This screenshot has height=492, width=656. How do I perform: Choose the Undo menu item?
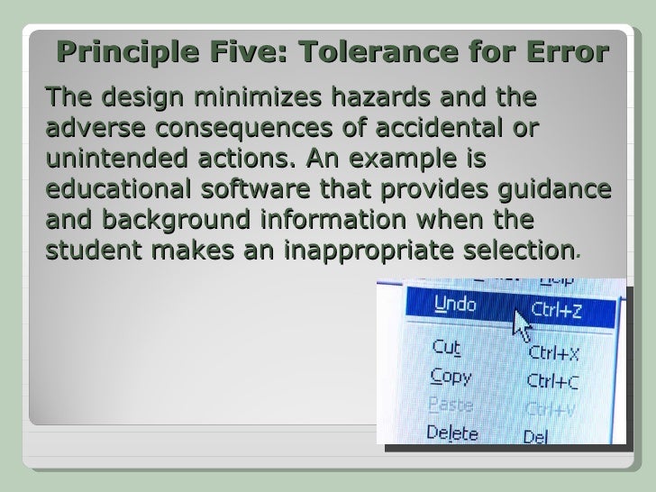(x=455, y=305)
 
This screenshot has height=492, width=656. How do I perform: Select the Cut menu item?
(x=447, y=347)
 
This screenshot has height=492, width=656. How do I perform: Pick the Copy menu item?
(x=451, y=376)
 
